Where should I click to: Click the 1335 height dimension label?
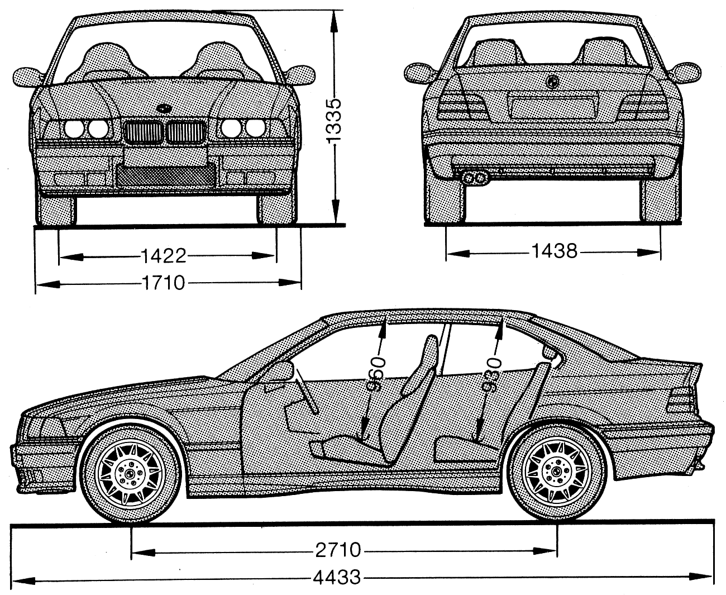tap(333, 121)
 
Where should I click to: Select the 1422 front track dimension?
tap(164, 256)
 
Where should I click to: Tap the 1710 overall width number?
tap(164, 283)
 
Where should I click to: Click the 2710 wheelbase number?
tap(338, 550)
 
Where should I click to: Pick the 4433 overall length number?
tap(337, 577)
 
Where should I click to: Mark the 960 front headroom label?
tap(376, 374)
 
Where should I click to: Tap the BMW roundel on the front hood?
tap(164, 108)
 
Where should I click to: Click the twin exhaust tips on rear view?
tap(474, 178)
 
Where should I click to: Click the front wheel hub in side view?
tap(130, 474)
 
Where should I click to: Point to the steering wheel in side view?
tap(306, 391)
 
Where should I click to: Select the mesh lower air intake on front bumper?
tap(166, 175)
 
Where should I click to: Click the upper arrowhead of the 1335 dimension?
tap(333, 22)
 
